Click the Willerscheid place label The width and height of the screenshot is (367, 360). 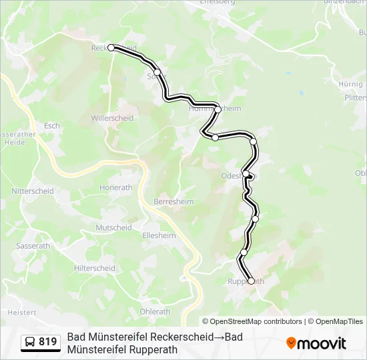pos(112,118)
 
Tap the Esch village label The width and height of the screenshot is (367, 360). pos(51,125)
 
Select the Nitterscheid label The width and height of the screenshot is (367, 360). pos(32,191)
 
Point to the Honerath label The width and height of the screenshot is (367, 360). pos(115,188)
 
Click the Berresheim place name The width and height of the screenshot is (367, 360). pos(172,201)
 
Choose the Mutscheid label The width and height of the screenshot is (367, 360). pos(113,227)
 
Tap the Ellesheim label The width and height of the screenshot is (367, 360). pos(159,235)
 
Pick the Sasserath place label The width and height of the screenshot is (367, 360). pos(33,246)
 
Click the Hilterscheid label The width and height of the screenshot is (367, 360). pos(95,268)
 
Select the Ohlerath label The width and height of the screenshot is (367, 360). pos(155,311)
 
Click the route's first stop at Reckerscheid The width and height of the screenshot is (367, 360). pos(111,47)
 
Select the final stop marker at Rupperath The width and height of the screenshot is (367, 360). pos(251,281)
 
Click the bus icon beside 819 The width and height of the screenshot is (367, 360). pos(30,342)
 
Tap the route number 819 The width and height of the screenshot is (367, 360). pos(48,342)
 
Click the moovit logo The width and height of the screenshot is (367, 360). pos(316,343)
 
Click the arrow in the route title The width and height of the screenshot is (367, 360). pos(219,337)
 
